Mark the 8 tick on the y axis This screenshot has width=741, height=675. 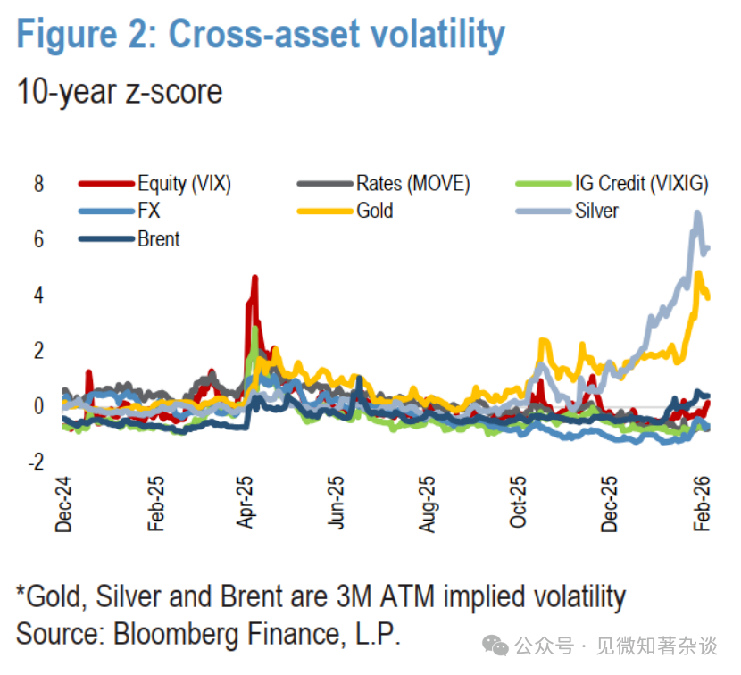pyautogui.click(x=38, y=185)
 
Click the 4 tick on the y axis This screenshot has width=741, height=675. pyautogui.click(x=38, y=296)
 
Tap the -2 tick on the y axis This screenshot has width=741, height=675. pyautogui.click(x=35, y=462)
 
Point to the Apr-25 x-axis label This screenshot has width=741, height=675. pyautogui.click(x=247, y=505)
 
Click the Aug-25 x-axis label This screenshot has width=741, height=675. pyautogui.click(x=429, y=505)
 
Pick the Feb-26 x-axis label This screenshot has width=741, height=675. pyautogui.click(x=703, y=505)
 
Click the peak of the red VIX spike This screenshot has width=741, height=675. pyautogui.click(x=254, y=278)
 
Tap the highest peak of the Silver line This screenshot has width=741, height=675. pyautogui.click(x=697, y=212)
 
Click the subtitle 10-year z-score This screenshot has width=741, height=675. pyautogui.click(x=120, y=91)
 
